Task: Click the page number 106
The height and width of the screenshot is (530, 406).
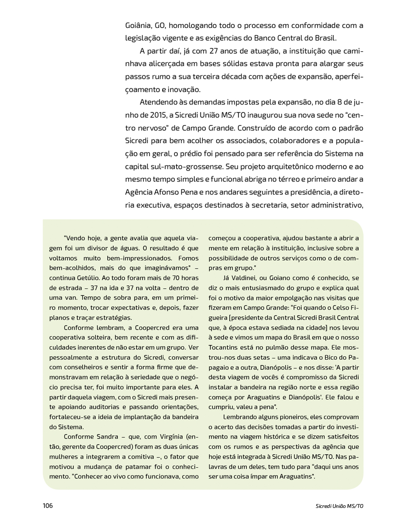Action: [48, 505]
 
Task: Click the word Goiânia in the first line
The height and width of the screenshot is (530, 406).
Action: [138, 25]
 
